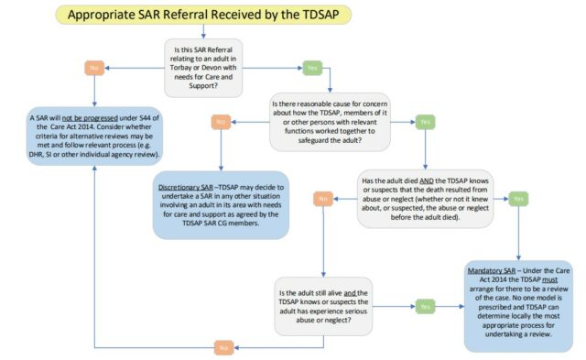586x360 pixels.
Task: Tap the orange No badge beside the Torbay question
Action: tap(92, 66)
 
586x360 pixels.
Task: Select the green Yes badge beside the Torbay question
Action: tap(310, 66)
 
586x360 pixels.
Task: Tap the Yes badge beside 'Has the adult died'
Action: tap(518, 198)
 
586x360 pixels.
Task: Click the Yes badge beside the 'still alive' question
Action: tap(425, 306)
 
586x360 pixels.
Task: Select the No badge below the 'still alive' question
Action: tap(223, 347)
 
